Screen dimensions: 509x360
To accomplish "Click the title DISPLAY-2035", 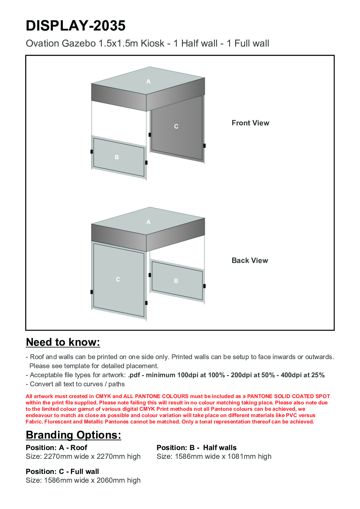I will pos(76,26).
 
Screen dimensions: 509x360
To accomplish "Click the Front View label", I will pos(250,123).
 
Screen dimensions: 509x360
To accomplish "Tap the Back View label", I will pos(250,261).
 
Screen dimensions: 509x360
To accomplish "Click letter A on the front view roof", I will pos(148,81).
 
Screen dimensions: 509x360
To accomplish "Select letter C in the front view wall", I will pos(176,126).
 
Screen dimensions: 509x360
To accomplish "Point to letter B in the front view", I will pos(117,157).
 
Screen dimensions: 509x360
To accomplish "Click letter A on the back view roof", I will pos(148,222).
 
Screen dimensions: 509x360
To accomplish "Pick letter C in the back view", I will pos(118,279).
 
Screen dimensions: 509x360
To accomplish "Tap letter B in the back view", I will pos(176,281).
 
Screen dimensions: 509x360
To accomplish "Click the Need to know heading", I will pos(63,342).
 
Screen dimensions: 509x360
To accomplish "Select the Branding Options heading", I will pos(73,435).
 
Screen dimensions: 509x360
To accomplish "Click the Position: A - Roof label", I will pos(57,448).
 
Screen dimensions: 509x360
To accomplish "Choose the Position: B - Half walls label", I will pos(196,448).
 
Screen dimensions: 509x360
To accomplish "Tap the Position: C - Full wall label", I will pos(62,472).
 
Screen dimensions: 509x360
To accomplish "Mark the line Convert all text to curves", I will pos(77,384).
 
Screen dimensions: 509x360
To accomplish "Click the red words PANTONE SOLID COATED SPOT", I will pos(288,396).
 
